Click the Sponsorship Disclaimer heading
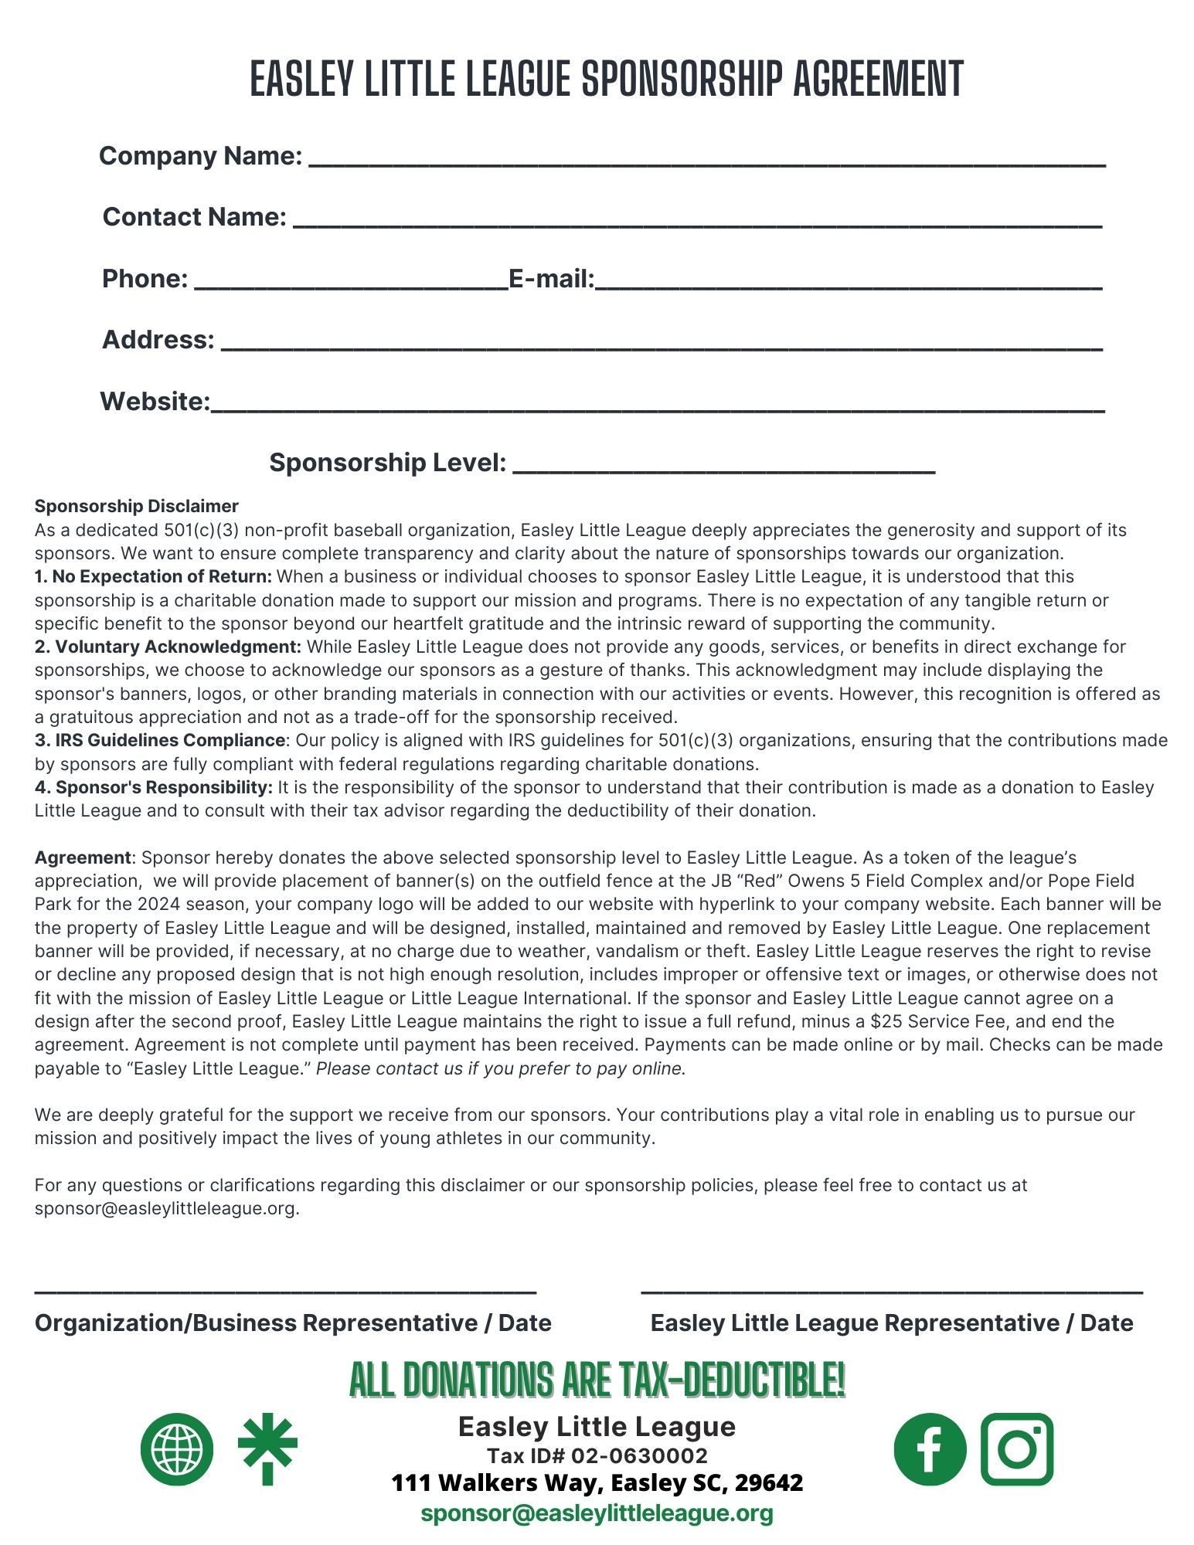point(137,506)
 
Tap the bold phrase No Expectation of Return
point(153,576)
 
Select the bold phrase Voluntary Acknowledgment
point(168,647)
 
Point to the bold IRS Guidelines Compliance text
point(160,740)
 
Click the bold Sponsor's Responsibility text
point(154,787)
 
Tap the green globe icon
point(177,1448)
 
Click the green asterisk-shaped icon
point(267,1450)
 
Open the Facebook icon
point(930,1449)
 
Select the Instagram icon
point(1017,1449)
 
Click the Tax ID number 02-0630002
point(640,1456)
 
